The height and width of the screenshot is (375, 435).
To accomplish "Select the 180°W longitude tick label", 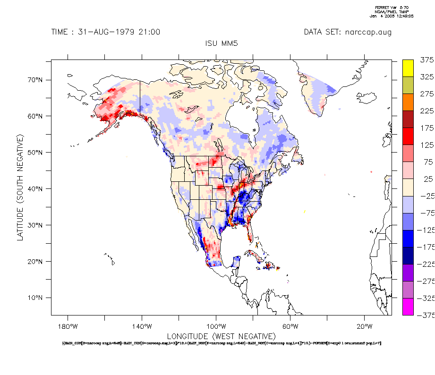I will (68, 326).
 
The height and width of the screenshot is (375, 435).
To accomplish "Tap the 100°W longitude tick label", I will (216, 326).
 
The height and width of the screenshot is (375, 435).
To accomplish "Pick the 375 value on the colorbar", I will (426, 60).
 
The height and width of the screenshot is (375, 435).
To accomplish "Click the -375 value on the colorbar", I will (425, 315).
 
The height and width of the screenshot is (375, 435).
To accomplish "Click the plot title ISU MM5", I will (222, 43).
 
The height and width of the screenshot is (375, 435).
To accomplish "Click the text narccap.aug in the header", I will (368, 32).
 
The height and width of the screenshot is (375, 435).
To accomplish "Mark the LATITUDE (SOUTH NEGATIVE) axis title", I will (20, 187).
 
